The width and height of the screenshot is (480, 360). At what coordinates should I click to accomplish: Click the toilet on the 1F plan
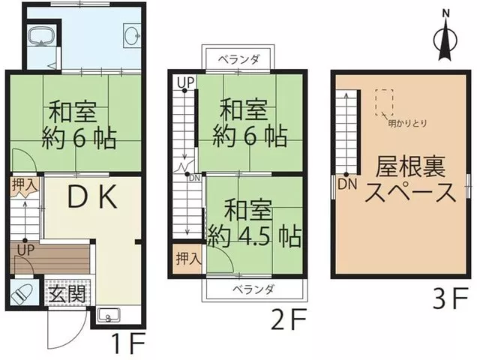pyautogui.click(x=22, y=295)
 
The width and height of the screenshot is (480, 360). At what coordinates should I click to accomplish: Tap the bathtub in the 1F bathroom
pyautogui.click(x=42, y=35)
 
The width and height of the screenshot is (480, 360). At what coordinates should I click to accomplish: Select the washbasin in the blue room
pyautogui.click(x=132, y=35)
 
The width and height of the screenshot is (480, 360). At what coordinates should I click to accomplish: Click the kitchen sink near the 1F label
pyautogui.click(x=108, y=315)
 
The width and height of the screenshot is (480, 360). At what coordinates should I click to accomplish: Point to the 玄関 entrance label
pyautogui.click(x=67, y=293)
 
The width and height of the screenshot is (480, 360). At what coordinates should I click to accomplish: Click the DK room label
pyautogui.click(x=91, y=196)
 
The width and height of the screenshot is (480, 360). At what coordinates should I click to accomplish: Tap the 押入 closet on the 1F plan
pyautogui.click(x=25, y=184)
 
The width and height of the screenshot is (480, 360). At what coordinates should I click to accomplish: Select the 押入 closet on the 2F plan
pyautogui.click(x=188, y=259)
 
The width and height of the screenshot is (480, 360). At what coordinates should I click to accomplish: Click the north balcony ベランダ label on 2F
pyautogui.click(x=238, y=59)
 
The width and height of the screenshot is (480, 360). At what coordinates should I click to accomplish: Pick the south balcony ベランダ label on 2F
pyautogui.click(x=253, y=289)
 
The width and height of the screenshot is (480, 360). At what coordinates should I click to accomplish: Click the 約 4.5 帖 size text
pyautogui.click(x=254, y=237)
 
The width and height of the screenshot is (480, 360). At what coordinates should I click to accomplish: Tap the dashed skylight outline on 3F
pyautogui.click(x=384, y=102)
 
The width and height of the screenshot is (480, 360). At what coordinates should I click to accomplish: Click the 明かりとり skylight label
pyautogui.click(x=407, y=123)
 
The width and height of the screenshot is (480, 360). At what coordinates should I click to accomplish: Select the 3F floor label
pyautogui.click(x=450, y=298)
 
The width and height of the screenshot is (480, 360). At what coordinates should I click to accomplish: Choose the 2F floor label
pyautogui.click(x=289, y=319)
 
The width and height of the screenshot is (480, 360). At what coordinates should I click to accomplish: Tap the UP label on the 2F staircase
pyautogui.click(x=186, y=82)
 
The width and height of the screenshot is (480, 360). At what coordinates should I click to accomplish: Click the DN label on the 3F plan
pyautogui.click(x=347, y=184)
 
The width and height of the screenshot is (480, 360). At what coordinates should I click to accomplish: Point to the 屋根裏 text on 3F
pyautogui.click(x=410, y=166)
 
